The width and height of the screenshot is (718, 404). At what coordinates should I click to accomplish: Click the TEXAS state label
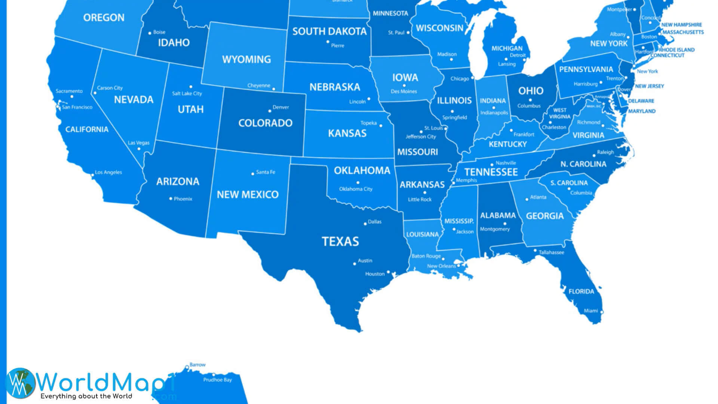pos(340,242)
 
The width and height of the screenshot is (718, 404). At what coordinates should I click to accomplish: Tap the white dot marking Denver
pos(270,111)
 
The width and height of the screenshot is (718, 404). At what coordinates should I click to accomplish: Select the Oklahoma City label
pos(356,189)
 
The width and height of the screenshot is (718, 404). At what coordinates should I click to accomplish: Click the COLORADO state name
pos(265,123)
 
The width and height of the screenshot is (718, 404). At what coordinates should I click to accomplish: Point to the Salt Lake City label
pos(187,94)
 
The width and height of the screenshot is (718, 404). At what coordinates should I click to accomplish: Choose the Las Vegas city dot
pos(139,149)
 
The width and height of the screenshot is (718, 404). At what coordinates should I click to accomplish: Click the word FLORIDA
pos(581,291)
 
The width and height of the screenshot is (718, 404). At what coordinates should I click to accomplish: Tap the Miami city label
pos(591,311)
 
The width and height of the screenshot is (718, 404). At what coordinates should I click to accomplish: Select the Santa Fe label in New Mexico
pos(266,172)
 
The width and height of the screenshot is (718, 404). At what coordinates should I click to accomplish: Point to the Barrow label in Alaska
pos(197,364)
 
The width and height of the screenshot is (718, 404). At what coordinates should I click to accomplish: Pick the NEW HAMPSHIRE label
pos(681,25)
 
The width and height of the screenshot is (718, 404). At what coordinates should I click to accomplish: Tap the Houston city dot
pos(388,272)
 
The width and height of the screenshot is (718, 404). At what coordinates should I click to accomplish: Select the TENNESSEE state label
pos(491,172)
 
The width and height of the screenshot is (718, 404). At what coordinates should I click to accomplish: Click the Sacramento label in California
pos(69,91)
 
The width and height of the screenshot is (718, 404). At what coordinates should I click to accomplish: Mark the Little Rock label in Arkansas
pos(420,199)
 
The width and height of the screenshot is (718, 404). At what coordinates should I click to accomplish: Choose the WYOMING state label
pos(246,59)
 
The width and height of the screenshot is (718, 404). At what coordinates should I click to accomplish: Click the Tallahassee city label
pos(551,252)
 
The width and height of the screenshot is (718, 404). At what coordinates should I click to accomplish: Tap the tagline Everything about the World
pos(86,396)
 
